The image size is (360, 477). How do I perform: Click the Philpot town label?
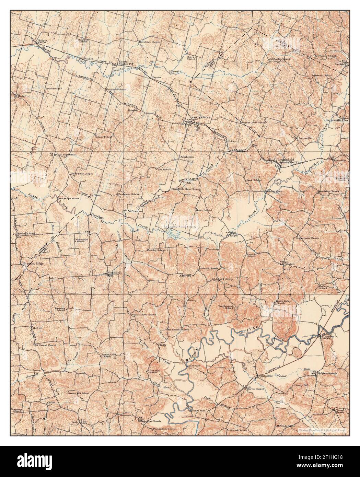click(x=41, y=40)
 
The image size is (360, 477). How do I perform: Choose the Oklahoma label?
click(x=186, y=157)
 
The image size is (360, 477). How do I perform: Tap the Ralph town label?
click(x=234, y=235)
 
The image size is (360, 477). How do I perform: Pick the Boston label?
click(x=132, y=110)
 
